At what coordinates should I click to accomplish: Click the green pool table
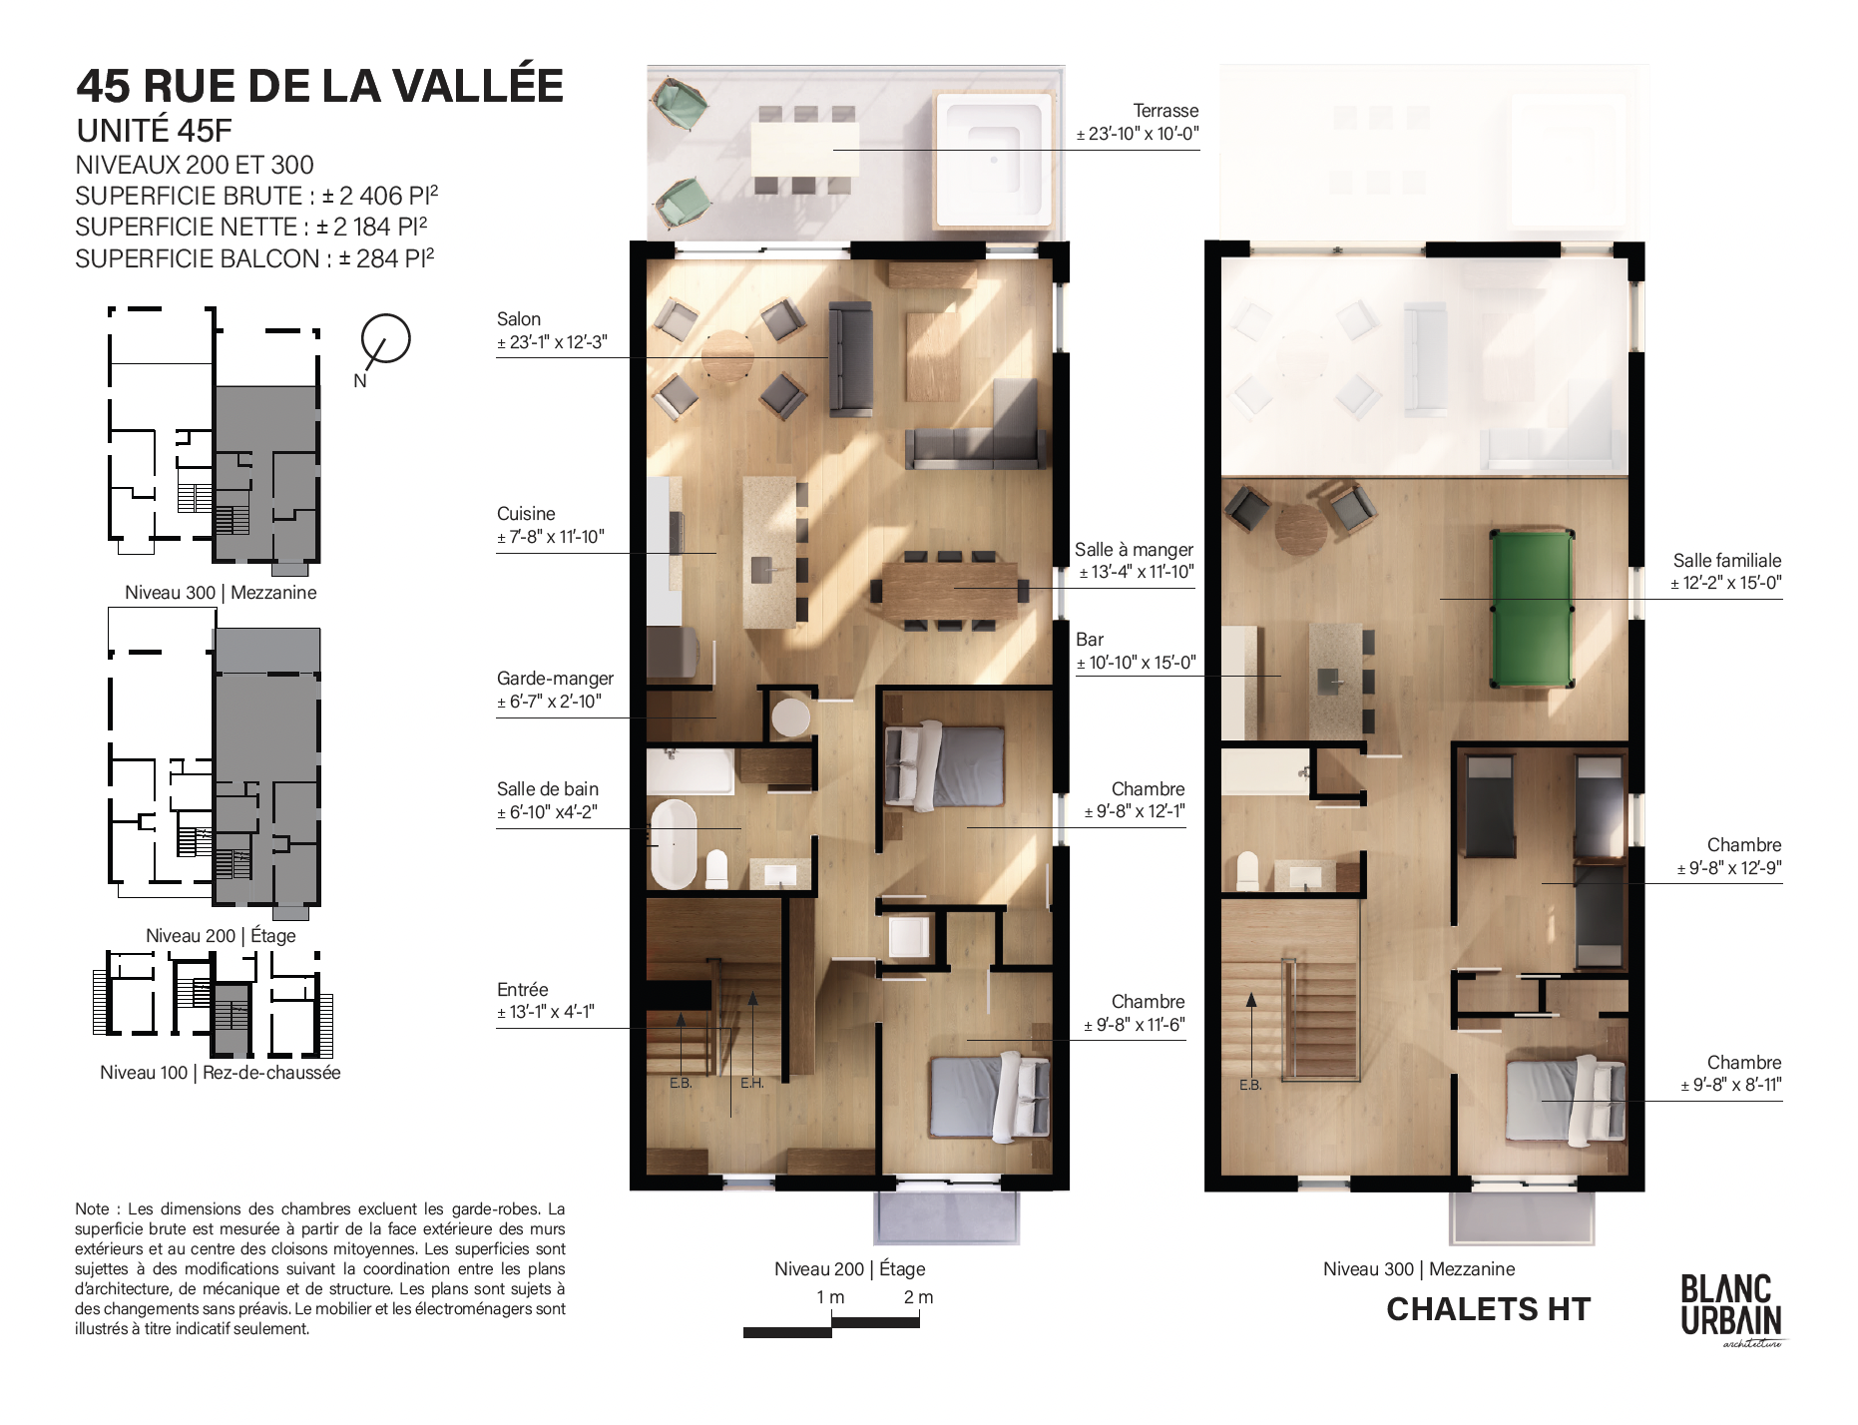1532,609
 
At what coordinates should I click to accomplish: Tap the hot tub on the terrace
994,159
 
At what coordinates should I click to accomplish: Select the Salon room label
519,319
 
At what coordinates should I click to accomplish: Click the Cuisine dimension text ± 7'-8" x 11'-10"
551,537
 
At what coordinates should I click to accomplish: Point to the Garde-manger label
555,679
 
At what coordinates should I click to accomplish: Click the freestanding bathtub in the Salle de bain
674,844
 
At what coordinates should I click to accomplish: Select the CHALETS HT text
1489,1309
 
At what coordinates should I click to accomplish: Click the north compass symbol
384,341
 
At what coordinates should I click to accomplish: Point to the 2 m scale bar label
918,1297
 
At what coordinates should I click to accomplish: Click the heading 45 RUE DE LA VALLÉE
320,86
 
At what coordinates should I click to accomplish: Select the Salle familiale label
1727,561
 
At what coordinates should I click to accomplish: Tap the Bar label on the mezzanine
1090,640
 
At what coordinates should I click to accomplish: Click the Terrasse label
1165,111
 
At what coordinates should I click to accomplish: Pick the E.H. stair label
752,1083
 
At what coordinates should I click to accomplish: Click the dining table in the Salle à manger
950,592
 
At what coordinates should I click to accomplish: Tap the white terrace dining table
803,150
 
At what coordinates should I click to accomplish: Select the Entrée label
523,990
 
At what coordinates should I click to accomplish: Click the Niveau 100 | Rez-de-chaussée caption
221,1073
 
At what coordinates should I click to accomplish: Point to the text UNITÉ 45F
155,131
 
